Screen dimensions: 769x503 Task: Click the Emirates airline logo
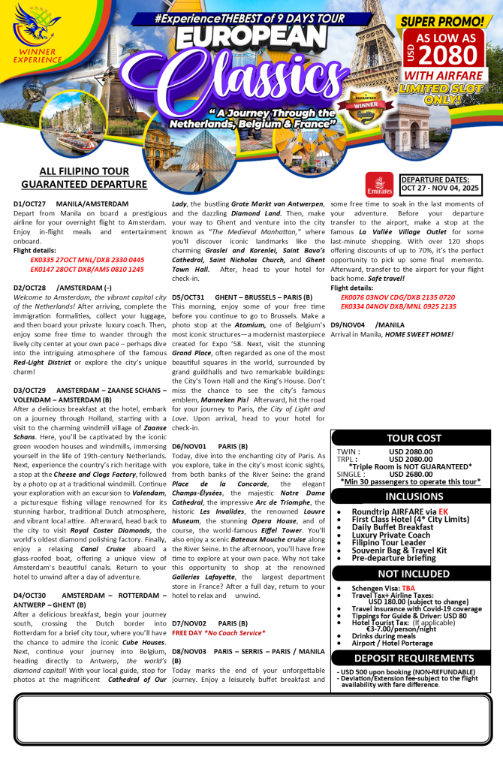(379, 185)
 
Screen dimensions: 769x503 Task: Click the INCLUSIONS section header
(414, 496)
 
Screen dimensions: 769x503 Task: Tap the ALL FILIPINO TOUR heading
(84, 171)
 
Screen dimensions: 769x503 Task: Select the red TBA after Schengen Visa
(408, 589)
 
